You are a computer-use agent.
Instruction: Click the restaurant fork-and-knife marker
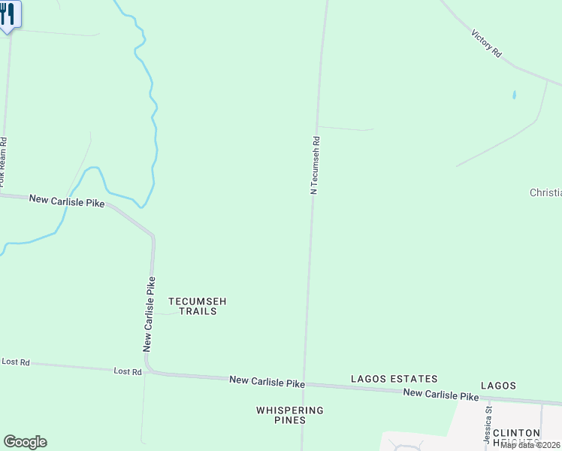point(8,14)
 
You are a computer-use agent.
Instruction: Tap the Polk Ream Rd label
point(3,162)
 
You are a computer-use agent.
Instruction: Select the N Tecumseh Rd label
point(316,165)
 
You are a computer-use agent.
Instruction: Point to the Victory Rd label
point(486,44)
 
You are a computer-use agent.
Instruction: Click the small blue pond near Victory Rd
point(514,95)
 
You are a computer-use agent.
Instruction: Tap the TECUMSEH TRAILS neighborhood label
point(197,306)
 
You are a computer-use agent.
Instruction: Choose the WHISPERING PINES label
point(290,415)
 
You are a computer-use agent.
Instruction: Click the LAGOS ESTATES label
point(394,379)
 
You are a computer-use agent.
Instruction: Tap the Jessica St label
point(488,424)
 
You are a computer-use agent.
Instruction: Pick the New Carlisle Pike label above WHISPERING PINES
point(267,383)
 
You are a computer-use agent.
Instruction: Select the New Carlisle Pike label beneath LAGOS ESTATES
point(440,395)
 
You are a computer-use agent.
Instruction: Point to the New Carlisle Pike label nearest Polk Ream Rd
point(67,201)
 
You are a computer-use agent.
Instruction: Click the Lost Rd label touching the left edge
point(15,362)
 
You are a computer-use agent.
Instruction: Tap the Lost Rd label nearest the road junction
point(128,371)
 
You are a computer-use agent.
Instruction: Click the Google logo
point(25,442)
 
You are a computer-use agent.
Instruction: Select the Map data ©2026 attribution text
point(530,445)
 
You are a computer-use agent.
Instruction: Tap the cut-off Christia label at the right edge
point(546,192)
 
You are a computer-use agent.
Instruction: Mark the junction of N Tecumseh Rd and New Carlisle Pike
point(305,384)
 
